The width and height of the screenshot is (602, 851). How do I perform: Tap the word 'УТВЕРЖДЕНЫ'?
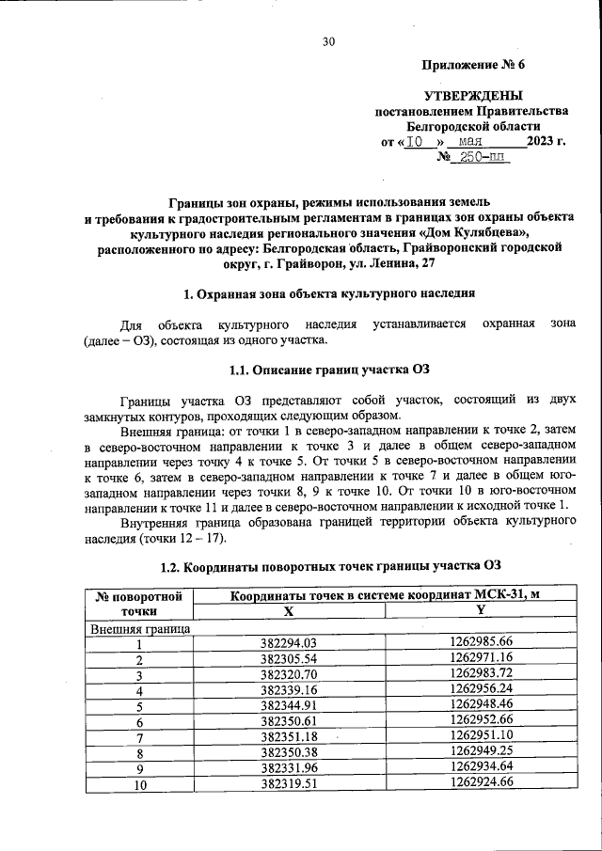point(473,95)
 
